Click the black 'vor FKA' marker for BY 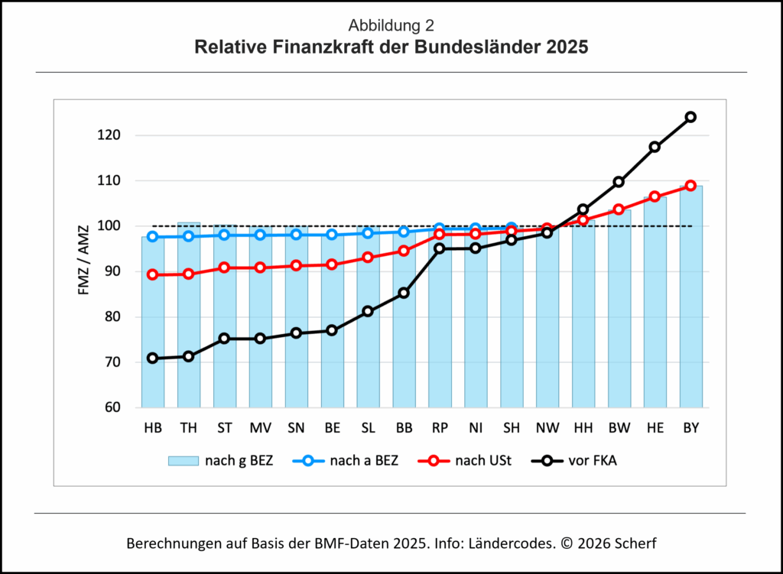tap(690, 117)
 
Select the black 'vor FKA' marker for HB tap(152, 358)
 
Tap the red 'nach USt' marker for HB tap(152, 274)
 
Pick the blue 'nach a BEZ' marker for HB tap(152, 237)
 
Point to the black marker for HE tap(655, 147)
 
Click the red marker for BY tap(690, 186)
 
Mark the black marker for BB tap(404, 293)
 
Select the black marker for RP tap(440, 248)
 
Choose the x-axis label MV tap(260, 429)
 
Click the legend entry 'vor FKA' tap(578, 461)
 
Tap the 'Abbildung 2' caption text tap(391, 26)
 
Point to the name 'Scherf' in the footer tap(636, 544)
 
